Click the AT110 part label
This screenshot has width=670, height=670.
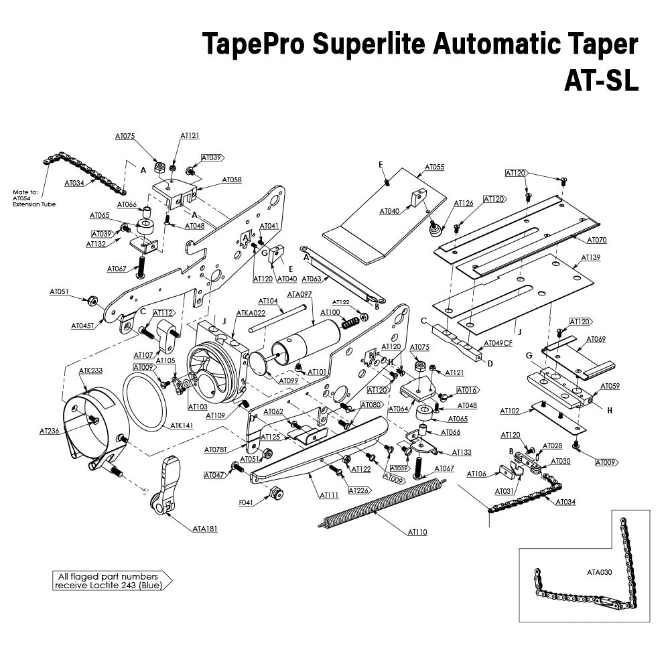417,533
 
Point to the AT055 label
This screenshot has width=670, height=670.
434,167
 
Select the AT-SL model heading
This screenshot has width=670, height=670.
600,82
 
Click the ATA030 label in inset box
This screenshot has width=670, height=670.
600,572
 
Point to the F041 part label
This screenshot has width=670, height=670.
246,503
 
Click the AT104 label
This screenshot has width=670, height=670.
268,301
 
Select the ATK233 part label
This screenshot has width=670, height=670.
90,371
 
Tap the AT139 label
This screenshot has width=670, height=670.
590,257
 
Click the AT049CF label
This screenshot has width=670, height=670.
498,343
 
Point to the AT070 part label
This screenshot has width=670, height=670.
596,239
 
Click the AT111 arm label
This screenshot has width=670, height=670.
328,494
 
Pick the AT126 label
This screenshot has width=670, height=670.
464,203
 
